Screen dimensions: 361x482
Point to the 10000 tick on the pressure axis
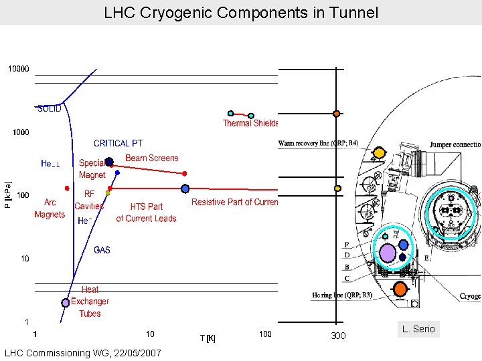[x=18, y=69]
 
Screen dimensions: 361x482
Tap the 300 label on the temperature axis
[x=338, y=336]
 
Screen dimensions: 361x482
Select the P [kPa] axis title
[x=7, y=195]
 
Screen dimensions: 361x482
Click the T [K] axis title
[x=208, y=338]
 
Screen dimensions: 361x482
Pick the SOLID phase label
[x=49, y=108]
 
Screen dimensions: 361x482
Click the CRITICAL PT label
[x=118, y=143]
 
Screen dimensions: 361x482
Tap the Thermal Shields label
[x=250, y=123]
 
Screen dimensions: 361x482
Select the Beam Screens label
[x=152, y=158]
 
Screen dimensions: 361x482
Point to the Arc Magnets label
[x=50, y=209]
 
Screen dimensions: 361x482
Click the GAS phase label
[x=102, y=250]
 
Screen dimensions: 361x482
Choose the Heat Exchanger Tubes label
[x=90, y=302]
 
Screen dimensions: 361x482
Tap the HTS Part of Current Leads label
[x=146, y=213]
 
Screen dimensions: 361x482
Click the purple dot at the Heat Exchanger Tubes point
[x=66, y=302]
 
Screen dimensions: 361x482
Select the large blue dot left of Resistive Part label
[x=185, y=189]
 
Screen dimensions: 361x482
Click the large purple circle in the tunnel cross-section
[x=388, y=252]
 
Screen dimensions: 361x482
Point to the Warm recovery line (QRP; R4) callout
[x=318, y=142]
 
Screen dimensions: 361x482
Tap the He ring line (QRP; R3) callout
[x=342, y=295]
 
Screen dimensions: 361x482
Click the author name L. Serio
[x=418, y=329]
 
